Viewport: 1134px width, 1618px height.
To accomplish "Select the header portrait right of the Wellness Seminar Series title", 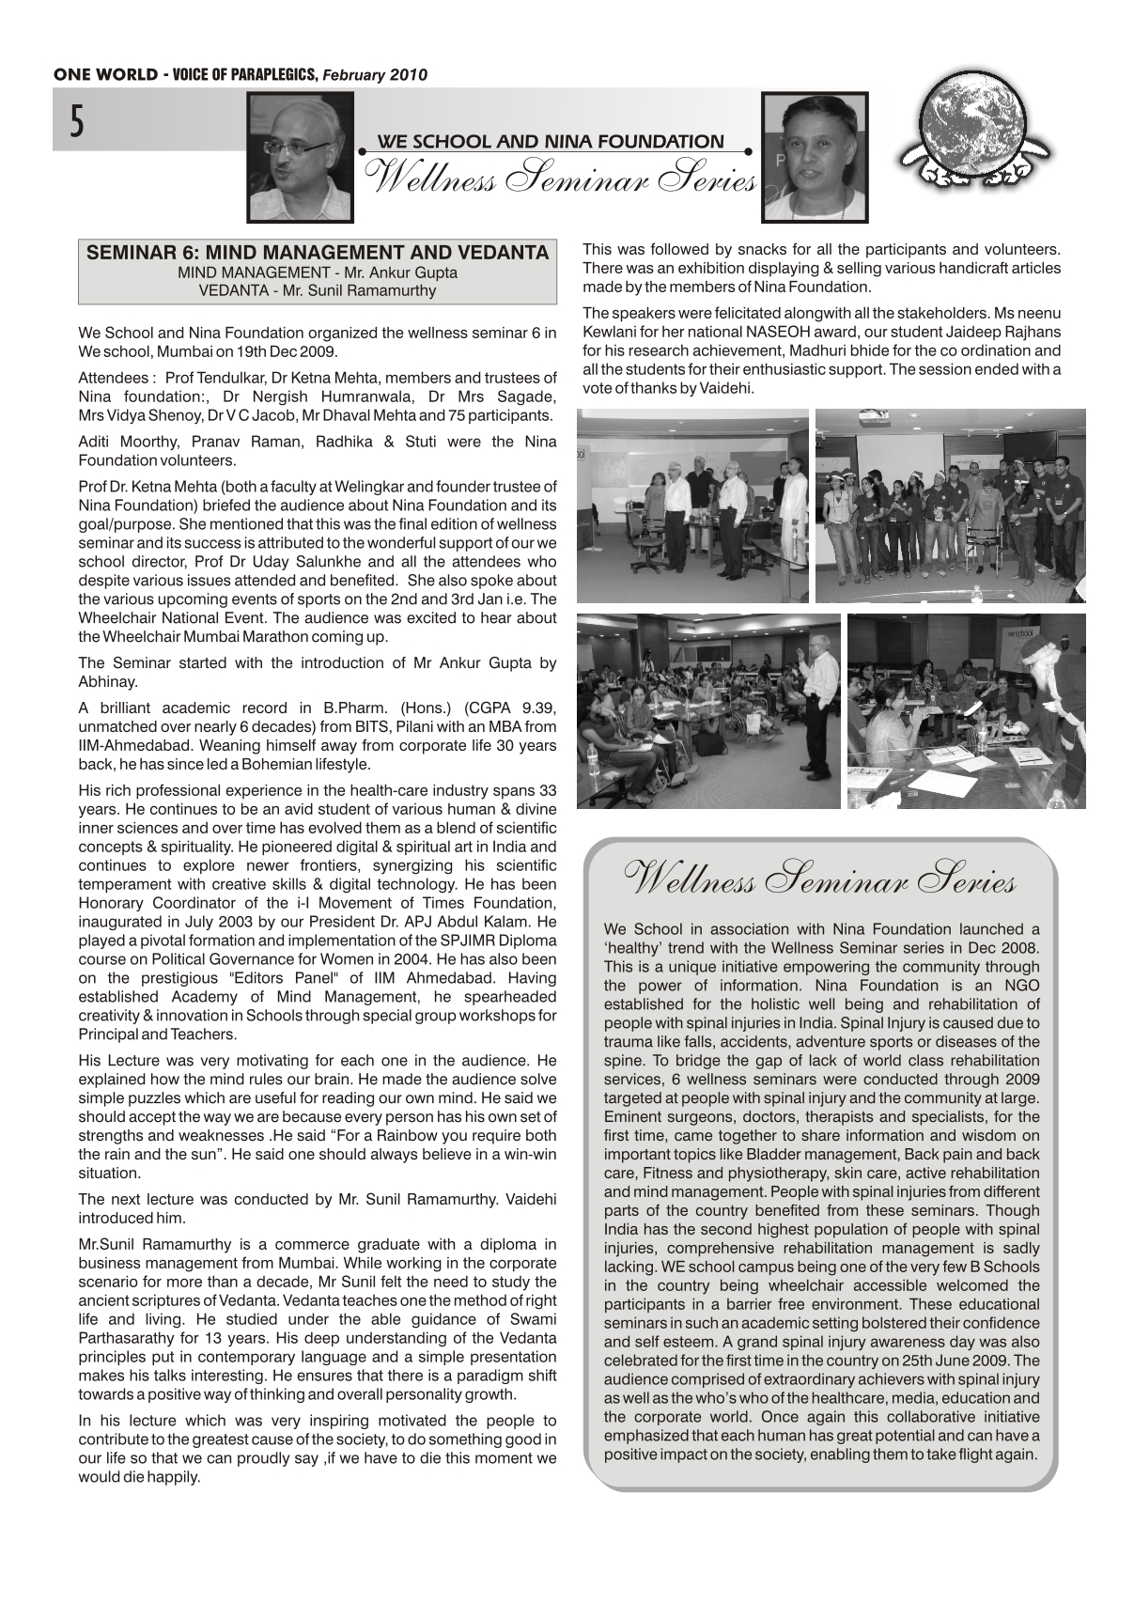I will click(x=815, y=157).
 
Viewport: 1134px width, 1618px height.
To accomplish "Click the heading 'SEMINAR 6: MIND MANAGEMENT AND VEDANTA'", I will click(x=318, y=253).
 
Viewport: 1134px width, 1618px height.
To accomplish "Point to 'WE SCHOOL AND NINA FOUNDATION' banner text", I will click(x=551, y=142).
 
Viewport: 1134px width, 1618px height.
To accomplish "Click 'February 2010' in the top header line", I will click(x=375, y=75).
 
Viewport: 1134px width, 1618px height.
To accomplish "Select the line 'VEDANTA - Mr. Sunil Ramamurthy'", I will click(x=318, y=290).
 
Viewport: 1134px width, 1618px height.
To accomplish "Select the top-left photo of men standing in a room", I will click(x=692, y=506).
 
